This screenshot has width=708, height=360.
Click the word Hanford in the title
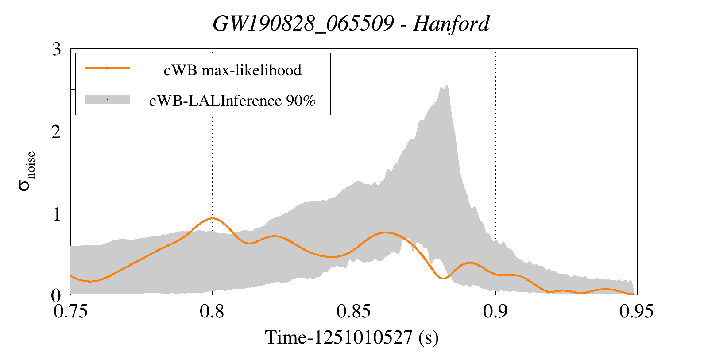(451, 24)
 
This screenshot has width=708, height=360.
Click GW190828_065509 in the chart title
(303, 24)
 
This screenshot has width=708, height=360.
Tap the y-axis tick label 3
(56, 49)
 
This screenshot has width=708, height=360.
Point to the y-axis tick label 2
(56, 132)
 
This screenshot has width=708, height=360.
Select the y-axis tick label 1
(56, 214)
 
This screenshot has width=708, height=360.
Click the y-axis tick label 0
(56, 295)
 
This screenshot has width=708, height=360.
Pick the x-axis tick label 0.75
(70, 312)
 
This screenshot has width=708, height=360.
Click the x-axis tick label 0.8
(212, 312)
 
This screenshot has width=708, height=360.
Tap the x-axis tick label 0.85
(353, 312)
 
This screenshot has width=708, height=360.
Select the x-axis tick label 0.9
(495, 312)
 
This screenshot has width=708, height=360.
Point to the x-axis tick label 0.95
(636, 312)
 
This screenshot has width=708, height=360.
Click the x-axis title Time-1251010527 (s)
(352, 338)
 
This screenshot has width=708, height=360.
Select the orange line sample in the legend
(107, 68)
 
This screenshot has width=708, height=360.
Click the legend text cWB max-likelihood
(232, 70)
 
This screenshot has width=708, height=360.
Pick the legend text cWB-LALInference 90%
(232, 101)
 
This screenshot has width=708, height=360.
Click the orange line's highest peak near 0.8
(213, 218)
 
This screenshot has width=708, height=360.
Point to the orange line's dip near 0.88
(443, 278)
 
